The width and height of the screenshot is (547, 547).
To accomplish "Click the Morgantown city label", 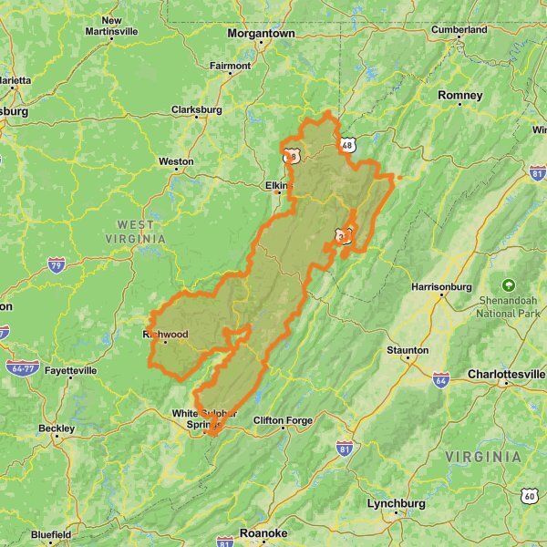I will coord(261,33).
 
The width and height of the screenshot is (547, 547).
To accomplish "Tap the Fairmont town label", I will coord(230,66).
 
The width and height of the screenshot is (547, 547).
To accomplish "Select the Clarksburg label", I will coord(196,110).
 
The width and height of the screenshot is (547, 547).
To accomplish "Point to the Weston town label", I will coord(176,161).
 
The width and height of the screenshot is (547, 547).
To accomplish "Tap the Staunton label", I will coord(408,350).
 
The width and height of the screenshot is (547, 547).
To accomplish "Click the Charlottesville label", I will coord(505,375).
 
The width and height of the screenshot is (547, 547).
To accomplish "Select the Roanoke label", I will coord(263,533).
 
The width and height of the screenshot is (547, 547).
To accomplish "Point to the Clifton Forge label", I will coord(283,420).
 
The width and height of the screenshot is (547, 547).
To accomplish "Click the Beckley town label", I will coord(57,428).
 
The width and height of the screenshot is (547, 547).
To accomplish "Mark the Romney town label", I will coord(459,95).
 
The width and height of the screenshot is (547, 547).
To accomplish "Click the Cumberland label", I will coord(459,29).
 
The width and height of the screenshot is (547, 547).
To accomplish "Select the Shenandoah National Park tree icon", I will coord(509,284).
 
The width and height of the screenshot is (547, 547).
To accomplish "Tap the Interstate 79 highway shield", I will coord(57,264).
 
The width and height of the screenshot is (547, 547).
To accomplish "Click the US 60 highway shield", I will coord(530,495).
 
